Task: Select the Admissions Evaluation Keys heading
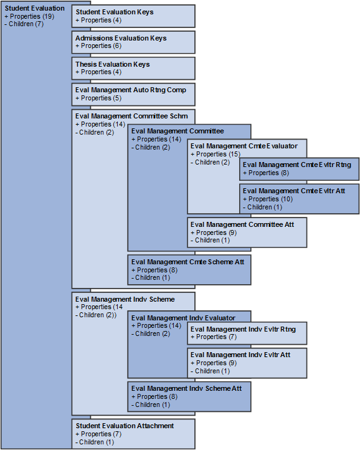click(x=121, y=38)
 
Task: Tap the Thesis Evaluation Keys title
click(x=112, y=64)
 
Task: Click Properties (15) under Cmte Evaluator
click(x=216, y=154)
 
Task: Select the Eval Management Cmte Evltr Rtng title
click(x=296, y=165)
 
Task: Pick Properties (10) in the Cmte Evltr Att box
click(x=268, y=199)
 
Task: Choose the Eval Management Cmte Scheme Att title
click(x=187, y=262)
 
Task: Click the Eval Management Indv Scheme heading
click(x=125, y=299)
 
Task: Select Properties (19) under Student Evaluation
click(x=29, y=16)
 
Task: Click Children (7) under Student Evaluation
click(x=26, y=24)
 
